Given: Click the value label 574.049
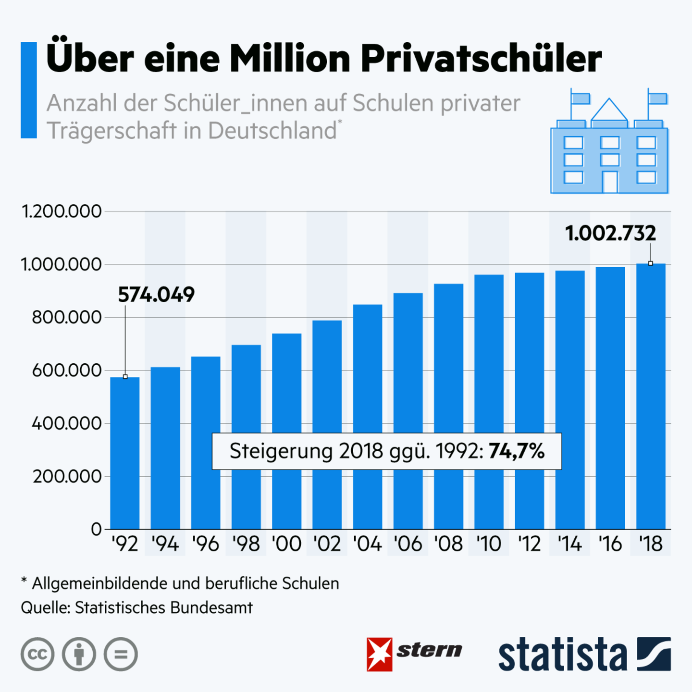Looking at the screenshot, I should pyautogui.click(x=156, y=295).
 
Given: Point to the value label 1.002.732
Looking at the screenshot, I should pyautogui.click(x=610, y=234).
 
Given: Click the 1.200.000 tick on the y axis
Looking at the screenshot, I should pyautogui.click(x=62, y=211).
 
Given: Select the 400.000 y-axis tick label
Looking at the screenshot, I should pyautogui.click(x=67, y=423).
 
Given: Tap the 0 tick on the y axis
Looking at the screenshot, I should pyautogui.click(x=96, y=529).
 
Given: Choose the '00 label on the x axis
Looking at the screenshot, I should pyautogui.click(x=286, y=544).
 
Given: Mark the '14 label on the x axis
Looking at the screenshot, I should pyautogui.click(x=569, y=544).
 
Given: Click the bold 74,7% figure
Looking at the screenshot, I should pyautogui.click(x=517, y=451).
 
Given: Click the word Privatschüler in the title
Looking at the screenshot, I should pyautogui.click(x=481, y=59).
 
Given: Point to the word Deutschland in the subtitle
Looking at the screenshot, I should pyautogui.click(x=272, y=131).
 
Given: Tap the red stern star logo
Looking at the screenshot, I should pyautogui.click(x=379, y=654).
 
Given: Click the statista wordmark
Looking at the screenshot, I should pyautogui.click(x=562, y=655).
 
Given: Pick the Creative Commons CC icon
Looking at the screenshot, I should pyautogui.click(x=37, y=654).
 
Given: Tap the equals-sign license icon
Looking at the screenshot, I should pyautogui.click(x=121, y=654).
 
